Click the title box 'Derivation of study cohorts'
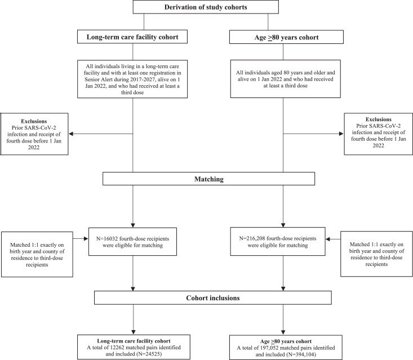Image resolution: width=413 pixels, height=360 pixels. (x=206, y=7)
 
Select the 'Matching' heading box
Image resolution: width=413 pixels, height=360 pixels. (x=208, y=179)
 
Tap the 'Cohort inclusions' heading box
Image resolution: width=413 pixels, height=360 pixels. (x=213, y=298)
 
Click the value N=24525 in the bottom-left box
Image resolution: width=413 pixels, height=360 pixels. (x=149, y=354)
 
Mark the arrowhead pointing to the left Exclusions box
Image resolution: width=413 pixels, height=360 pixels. (x=71, y=134)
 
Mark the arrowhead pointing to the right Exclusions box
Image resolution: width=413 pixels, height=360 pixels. (x=341, y=134)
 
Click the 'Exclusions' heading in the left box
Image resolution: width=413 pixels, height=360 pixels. (x=34, y=121)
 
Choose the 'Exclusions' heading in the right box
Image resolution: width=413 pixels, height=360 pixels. (x=378, y=119)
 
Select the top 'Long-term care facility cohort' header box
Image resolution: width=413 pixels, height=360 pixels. (x=132, y=37)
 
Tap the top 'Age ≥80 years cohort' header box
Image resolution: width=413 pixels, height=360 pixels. (x=286, y=37)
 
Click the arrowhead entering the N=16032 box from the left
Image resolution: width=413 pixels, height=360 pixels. (x=86, y=239)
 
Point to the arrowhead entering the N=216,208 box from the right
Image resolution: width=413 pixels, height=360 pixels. (x=328, y=239)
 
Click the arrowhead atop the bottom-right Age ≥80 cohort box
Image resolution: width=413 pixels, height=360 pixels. (x=283, y=332)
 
